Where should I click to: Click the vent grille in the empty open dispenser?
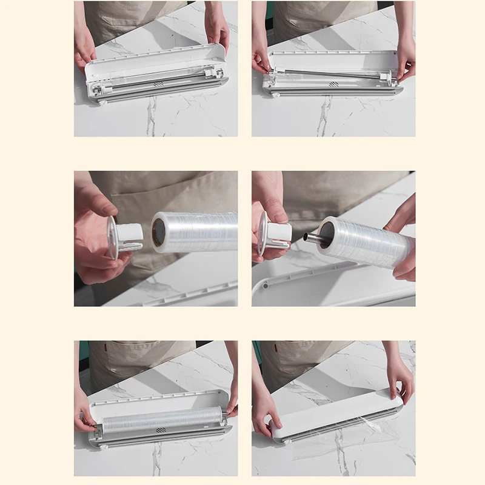[158, 84]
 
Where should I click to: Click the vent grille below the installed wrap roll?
[161, 430]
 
